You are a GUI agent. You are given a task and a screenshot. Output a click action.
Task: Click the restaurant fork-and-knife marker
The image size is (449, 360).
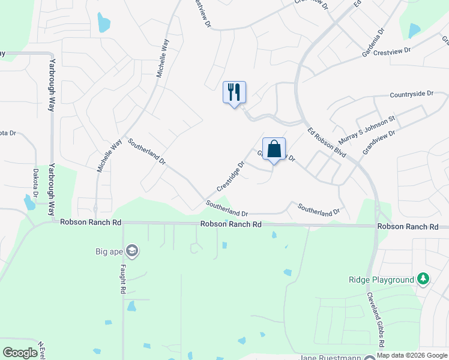click(x=234, y=92)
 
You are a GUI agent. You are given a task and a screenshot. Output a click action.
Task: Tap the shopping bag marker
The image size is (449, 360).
click(x=274, y=149)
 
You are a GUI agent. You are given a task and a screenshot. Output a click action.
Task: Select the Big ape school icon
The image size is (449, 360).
click(x=133, y=251)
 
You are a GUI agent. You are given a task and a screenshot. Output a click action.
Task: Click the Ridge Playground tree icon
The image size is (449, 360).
click(x=424, y=280)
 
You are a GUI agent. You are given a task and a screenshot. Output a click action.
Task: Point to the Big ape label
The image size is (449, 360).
click(x=109, y=251)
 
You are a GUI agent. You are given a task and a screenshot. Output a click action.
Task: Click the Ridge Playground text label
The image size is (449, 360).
click(x=382, y=280)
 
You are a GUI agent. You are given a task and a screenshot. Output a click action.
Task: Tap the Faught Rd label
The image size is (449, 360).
click(x=122, y=280)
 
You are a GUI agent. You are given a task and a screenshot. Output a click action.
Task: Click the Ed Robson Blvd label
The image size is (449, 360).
click(x=327, y=142)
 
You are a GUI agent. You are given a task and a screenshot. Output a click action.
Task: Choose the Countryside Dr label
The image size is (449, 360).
click(x=411, y=94)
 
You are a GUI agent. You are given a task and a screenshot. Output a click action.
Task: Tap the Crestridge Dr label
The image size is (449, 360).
click(x=231, y=176)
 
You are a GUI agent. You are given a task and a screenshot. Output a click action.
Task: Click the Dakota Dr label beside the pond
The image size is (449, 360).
click(x=35, y=182)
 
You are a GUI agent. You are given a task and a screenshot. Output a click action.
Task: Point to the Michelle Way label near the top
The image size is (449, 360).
click(x=162, y=59)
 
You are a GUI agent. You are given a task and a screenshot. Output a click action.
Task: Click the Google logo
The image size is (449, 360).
click(x=20, y=352)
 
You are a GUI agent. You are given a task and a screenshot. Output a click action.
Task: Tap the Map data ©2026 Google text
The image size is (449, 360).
click(x=412, y=355)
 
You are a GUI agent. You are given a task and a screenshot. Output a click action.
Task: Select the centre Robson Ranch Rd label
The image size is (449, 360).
click(x=231, y=224)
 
